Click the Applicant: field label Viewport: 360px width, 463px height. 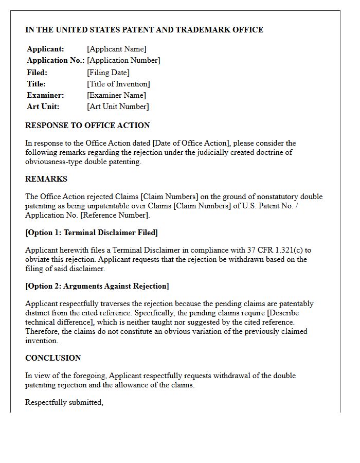click(x=46, y=49)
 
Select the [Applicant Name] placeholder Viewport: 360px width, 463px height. click(x=117, y=49)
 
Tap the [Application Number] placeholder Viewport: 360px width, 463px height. click(x=123, y=60)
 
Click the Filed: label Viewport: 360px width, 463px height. click(x=37, y=73)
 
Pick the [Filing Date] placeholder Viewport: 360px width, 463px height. click(x=109, y=73)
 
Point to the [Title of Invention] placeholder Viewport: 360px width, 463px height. click(x=119, y=84)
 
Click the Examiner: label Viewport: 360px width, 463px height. click(x=46, y=95)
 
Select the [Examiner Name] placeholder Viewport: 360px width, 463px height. click(x=117, y=95)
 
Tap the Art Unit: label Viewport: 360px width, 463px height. click(x=43, y=106)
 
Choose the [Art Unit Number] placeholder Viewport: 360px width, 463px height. click(x=118, y=106)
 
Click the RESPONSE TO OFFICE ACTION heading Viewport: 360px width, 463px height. click(x=87, y=125)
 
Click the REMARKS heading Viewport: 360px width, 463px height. click(x=46, y=179)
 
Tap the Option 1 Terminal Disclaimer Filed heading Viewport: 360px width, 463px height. click(x=92, y=233)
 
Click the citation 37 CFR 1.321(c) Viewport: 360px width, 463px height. click(x=277, y=250)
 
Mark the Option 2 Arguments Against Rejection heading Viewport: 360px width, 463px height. click(x=97, y=286)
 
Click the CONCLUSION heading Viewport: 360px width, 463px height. click(x=53, y=358)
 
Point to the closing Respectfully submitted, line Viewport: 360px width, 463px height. click(x=64, y=402)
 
